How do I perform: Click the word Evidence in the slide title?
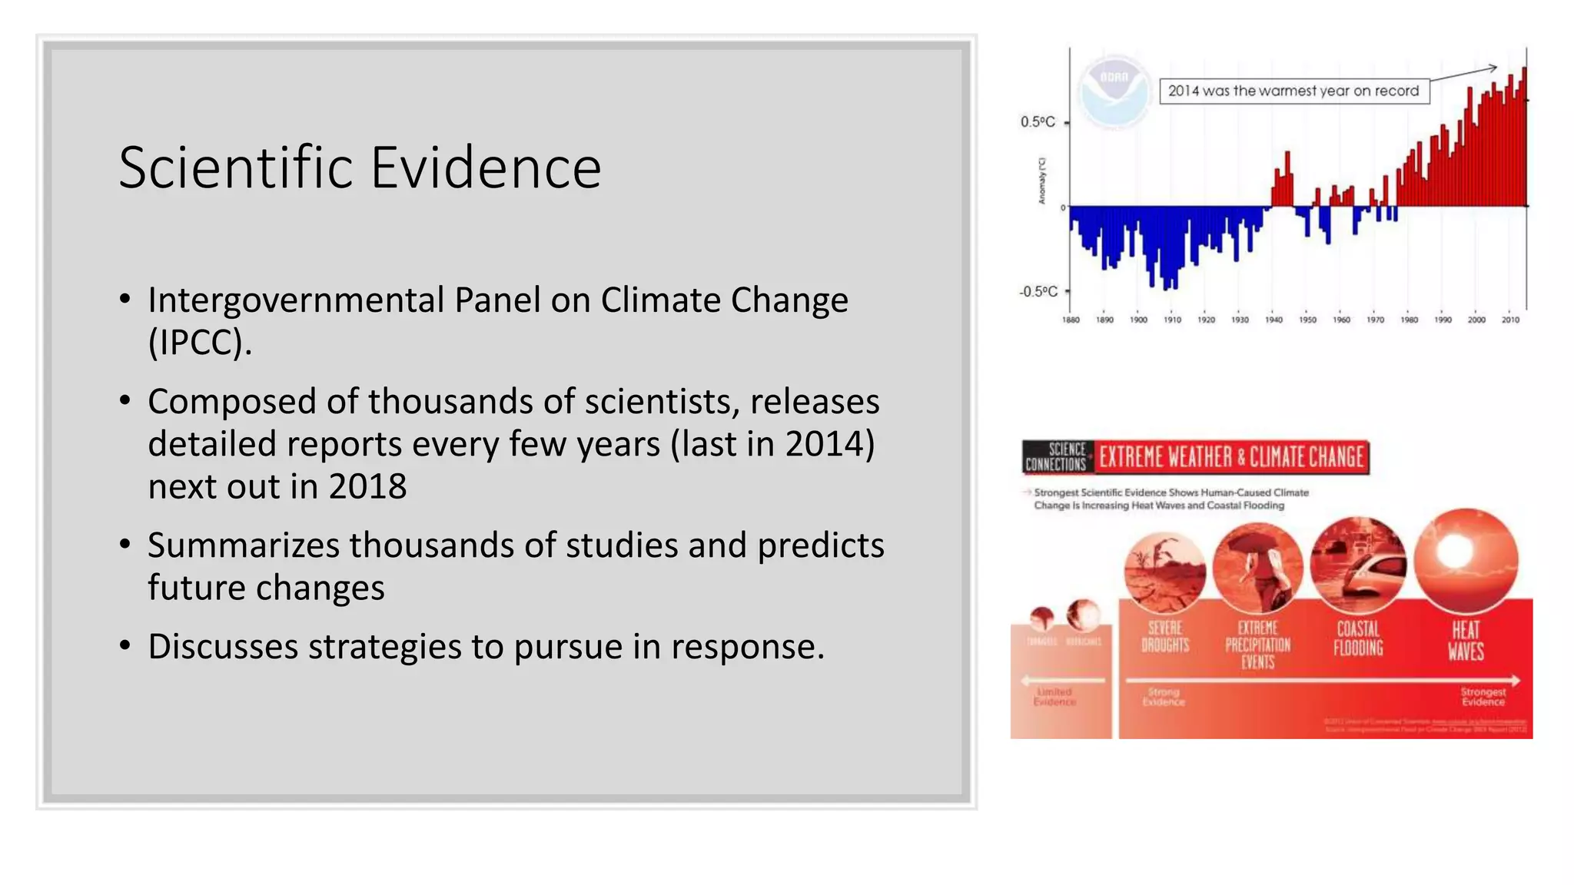tap(486, 167)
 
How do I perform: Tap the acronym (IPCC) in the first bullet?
tap(199, 343)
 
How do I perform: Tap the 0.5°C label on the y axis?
tap(1038, 122)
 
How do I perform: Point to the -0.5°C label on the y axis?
tap(1038, 292)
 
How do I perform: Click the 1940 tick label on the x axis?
tap(1273, 320)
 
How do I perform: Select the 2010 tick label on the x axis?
tap(1510, 320)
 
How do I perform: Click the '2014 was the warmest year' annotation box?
tap(1293, 91)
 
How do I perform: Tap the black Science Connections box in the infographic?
tap(1057, 457)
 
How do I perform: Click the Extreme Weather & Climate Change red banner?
tap(1231, 457)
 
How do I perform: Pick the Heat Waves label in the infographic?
tap(1466, 641)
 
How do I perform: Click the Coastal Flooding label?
tap(1358, 639)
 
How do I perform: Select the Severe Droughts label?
tap(1165, 637)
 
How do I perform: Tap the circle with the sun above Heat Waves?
tap(1466, 559)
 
